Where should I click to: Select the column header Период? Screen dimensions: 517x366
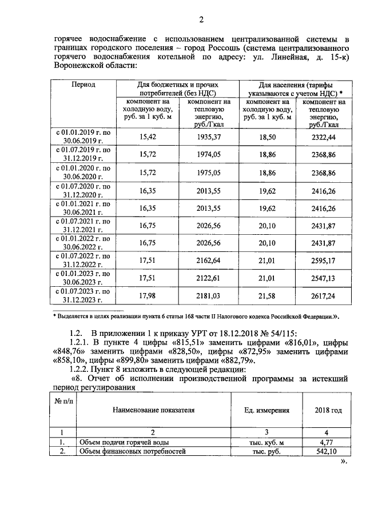tap(83, 84)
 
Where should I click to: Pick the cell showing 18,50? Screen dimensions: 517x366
tap(267, 138)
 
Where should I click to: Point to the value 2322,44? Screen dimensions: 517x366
tap(323, 138)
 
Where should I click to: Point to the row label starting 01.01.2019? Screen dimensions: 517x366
tap(83, 137)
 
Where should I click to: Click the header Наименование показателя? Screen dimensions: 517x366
tap(153, 410)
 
